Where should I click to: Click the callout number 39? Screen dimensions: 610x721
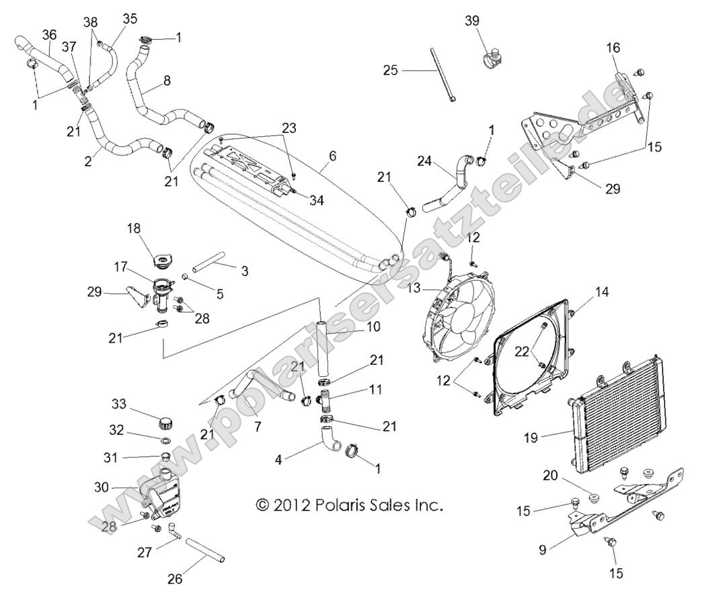coord(472,21)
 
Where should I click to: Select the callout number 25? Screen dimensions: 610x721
coord(391,70)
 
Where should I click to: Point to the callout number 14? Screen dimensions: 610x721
coord(582,292)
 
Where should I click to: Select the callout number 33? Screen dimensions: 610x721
coord(120,404)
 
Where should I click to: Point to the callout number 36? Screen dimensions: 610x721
coord(49,34)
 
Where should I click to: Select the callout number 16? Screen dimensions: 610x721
coord(613,48)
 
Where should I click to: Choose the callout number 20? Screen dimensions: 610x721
coord(551,476)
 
